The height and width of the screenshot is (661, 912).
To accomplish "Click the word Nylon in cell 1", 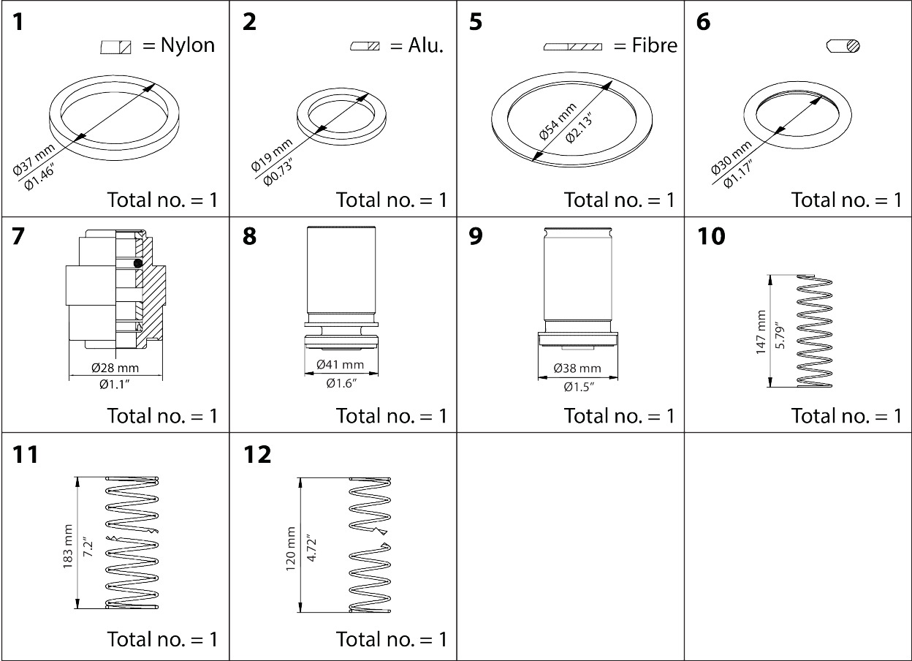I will [188, 45].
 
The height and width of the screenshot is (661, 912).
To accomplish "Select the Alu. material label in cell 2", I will [426, 45].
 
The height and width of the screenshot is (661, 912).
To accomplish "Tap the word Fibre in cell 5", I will [654, 45].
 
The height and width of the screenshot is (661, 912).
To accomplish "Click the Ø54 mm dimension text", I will [558, 121].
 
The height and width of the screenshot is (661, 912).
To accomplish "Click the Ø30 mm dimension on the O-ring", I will [731, 157].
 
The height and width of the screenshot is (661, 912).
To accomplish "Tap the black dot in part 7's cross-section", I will [137, 263].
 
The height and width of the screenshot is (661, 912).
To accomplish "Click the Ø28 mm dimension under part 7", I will [115, 367].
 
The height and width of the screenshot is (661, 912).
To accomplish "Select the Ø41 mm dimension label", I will [340, 365].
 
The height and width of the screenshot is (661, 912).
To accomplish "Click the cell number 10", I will [711, 238].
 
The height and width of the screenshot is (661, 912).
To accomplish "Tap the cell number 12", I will [256, 455].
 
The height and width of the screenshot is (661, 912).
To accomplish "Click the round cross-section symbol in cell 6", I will [843, 46].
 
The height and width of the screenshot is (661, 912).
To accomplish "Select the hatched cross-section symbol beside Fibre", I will [573, 47].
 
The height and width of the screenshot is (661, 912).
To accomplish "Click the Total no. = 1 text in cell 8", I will [391, 416].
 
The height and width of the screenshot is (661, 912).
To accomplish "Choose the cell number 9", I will [476, 238].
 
